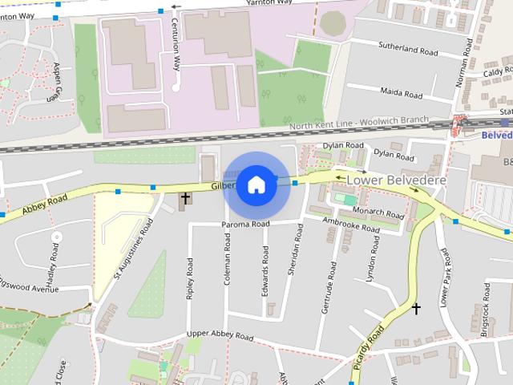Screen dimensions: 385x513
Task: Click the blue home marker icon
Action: pyautogui.click(x=256, y=184)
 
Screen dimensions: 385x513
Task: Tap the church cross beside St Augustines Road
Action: pyautogui.click(x=185, y=197)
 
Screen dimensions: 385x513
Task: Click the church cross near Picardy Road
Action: pyautogui.click(x=416, y=308)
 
